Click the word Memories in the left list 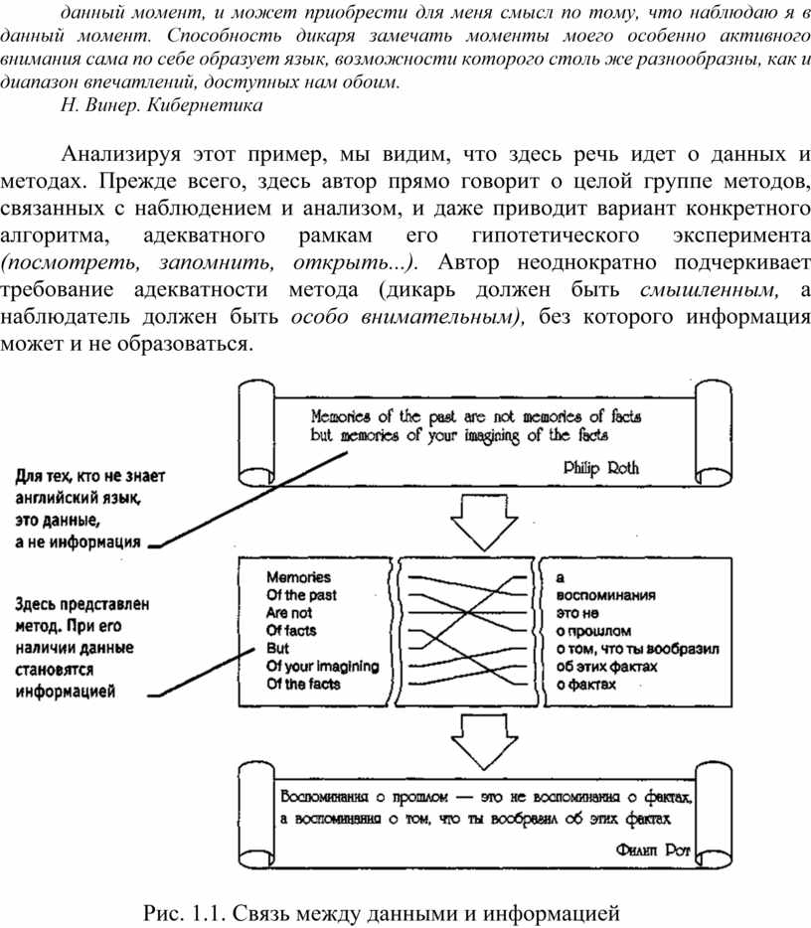tap(298, 576)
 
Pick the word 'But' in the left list tap(277, 648)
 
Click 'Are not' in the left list tap(289, 612)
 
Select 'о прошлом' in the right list tap(593, 630)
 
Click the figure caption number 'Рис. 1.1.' tap(187, 910)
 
